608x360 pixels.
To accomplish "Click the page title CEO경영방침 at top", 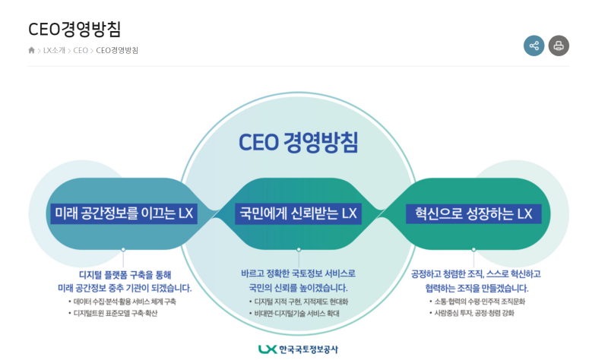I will tap(74, 29).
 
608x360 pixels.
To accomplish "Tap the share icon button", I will tap(534, 46).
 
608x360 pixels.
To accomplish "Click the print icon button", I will tap(559, 46).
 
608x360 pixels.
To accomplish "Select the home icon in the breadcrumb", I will tap(32, 50).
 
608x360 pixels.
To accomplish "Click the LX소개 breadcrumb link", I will tap(54, 50).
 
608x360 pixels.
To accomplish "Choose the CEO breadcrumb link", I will tap(81, 50).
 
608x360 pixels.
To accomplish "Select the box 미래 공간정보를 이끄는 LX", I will tap(123, 213).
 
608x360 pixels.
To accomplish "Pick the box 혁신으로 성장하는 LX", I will tap(473, 213).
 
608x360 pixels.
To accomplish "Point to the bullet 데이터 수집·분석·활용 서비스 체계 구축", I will tap(125, 302).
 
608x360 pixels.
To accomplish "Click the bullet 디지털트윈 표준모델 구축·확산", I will tap(115, 313).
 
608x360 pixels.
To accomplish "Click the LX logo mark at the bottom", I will tap(267, 349).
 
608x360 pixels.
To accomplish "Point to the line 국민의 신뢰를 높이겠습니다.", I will tap(298, 288).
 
